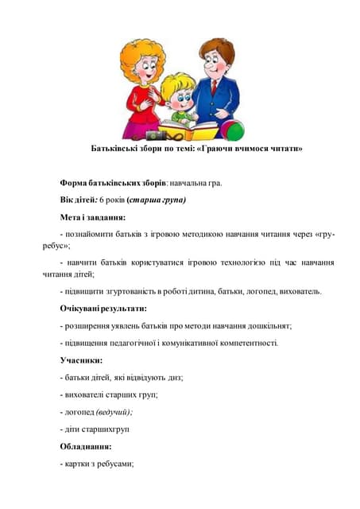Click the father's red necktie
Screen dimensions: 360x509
tap(215, 86)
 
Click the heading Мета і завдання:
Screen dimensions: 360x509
tap(92, 216)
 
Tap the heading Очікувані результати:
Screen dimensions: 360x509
tap(103, 308)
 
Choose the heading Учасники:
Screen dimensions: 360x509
tap(82, 360)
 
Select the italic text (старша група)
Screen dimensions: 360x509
tap(156, 200)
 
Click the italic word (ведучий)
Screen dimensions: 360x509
tap(114, 412)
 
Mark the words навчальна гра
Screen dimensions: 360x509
tap(195, 183)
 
